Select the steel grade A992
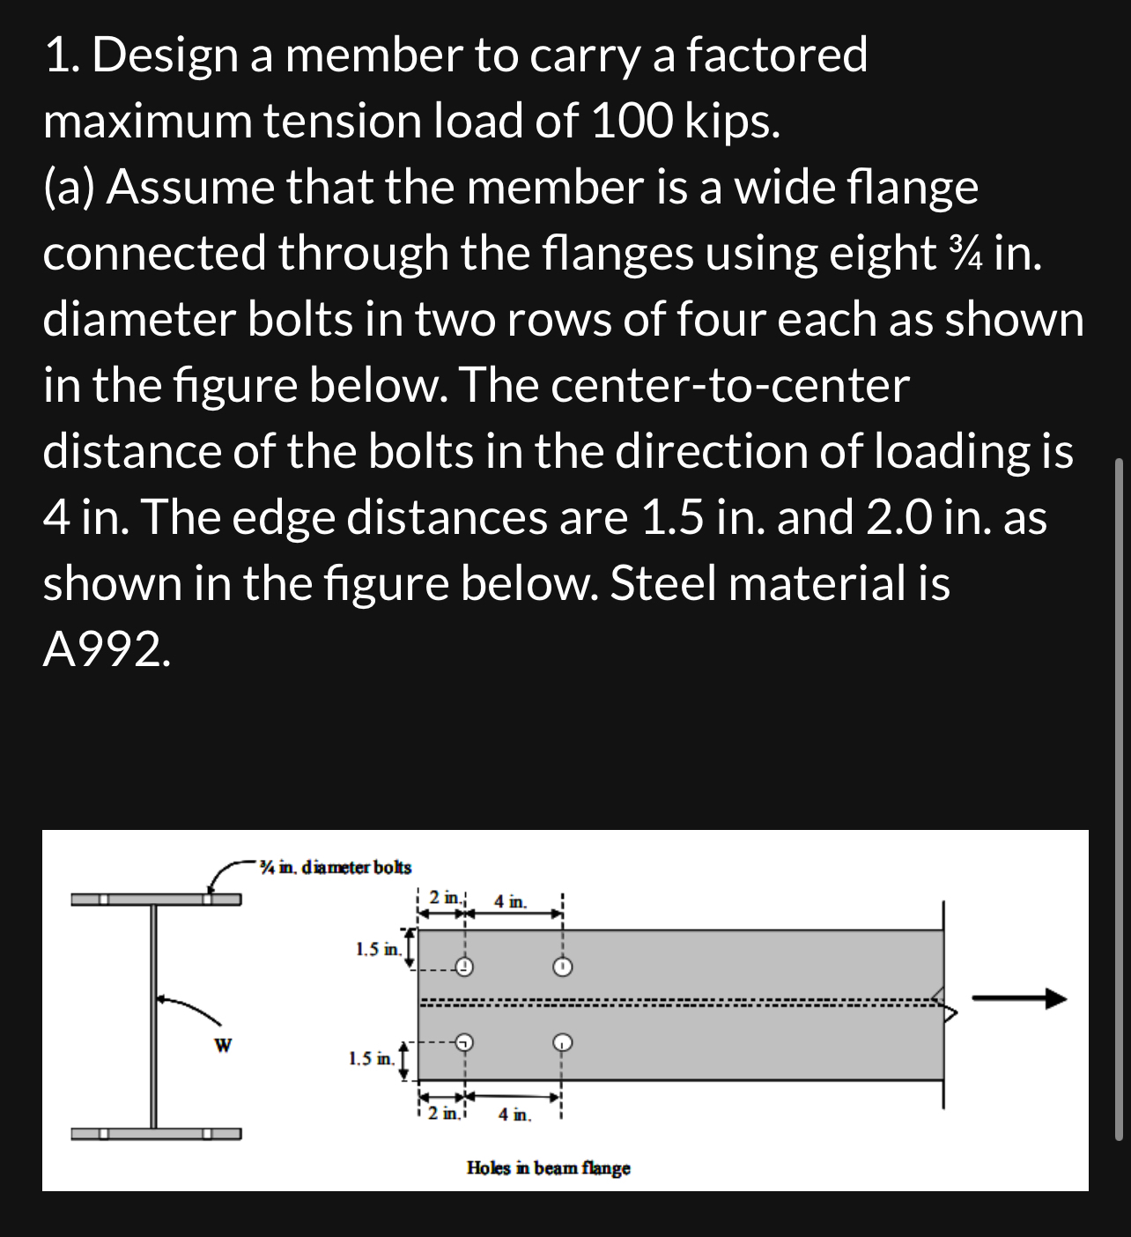[x=103, y=649]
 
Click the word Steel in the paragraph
[x=668, y=583]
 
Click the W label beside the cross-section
[x=224, y=1046]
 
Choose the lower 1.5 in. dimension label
[x=372, y=1058]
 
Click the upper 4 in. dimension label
[x=512, y=901]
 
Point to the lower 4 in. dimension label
[x=514, y=1115]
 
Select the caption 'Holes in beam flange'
[x=548, y=1168]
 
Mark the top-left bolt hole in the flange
[x=464, y=967]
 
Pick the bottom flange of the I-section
[x=155, y=1133]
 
